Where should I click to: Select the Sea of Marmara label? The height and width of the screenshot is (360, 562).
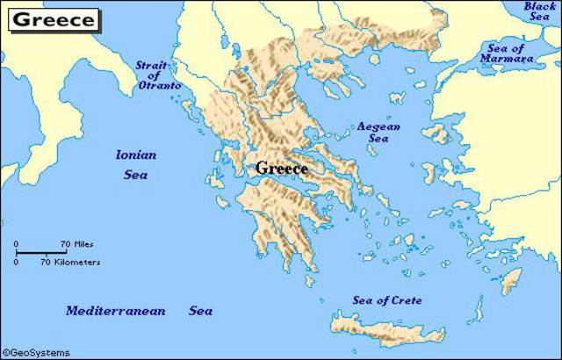click(507, 53)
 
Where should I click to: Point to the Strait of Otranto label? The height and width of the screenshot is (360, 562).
click(158, 76)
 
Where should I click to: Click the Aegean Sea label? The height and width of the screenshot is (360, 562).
click(378, 133)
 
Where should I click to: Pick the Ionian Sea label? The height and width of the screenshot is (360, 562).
click(135, 164)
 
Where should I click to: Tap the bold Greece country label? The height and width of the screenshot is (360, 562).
click(281, 168)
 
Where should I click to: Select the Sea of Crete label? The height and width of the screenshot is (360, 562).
click(386, 300)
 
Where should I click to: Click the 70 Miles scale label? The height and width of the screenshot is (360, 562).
click(76, 243)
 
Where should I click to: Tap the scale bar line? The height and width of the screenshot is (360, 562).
click(44, 253)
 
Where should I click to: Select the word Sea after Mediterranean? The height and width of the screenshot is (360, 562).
click(200, 311)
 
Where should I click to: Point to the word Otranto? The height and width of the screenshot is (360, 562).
click(159, 85)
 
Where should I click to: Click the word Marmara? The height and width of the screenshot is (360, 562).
click(507, 58)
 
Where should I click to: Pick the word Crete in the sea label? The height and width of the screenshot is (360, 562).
click(407, 300)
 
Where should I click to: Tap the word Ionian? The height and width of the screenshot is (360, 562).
click(135, 155)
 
